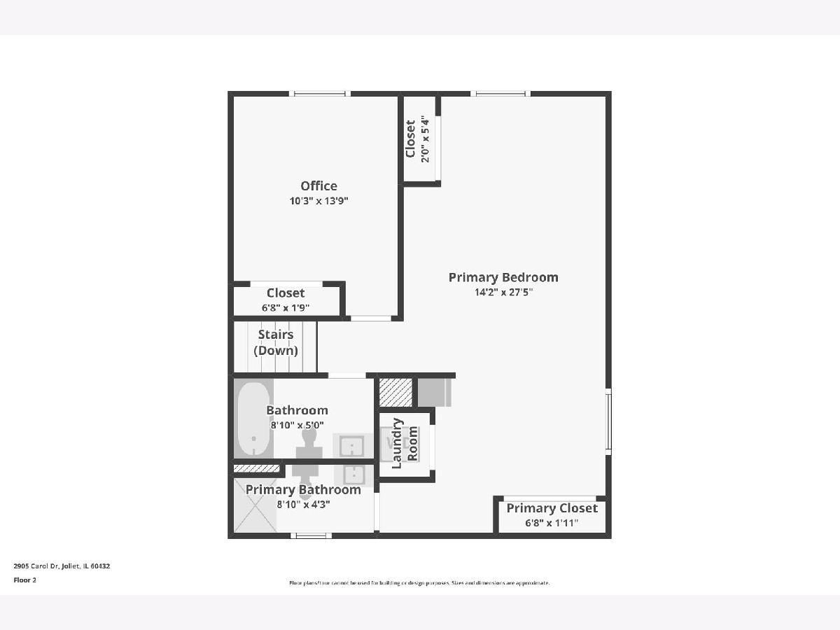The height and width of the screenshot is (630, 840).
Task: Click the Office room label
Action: tap(318, 186)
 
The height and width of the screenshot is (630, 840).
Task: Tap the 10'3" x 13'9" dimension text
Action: tap(318, 201)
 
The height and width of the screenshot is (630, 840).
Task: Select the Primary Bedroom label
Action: tap(503, 277)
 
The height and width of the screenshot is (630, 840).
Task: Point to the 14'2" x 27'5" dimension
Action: tap(503, 292)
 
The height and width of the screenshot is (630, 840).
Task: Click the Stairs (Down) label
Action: tap(276, 342)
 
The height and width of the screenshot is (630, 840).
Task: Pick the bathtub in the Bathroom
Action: tap(253, 419)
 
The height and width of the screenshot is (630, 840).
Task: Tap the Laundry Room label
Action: tap(405, 443)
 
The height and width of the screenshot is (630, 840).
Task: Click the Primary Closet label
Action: tap(552, 508)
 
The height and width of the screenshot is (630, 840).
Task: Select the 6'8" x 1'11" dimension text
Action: tap(552, 523)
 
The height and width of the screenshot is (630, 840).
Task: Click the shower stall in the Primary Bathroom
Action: tap(255, 505)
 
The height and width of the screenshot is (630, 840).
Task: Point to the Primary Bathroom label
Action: tap(303, 489)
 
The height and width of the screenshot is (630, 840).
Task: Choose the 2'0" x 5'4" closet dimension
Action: tap(425, 139)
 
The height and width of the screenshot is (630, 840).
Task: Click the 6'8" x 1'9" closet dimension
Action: tap(286, 307)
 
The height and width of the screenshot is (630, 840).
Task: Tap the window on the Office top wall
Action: tap(319, 93)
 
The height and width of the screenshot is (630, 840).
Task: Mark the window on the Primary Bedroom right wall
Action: tap(608, 421)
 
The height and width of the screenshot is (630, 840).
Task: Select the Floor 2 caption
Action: tap(25, 580)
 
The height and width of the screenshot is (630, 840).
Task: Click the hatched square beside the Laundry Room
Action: tap(395, 392)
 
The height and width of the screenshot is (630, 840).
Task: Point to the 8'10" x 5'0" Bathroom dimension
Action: tap(297, 425)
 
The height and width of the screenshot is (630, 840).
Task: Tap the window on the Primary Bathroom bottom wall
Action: tap(311, 535)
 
